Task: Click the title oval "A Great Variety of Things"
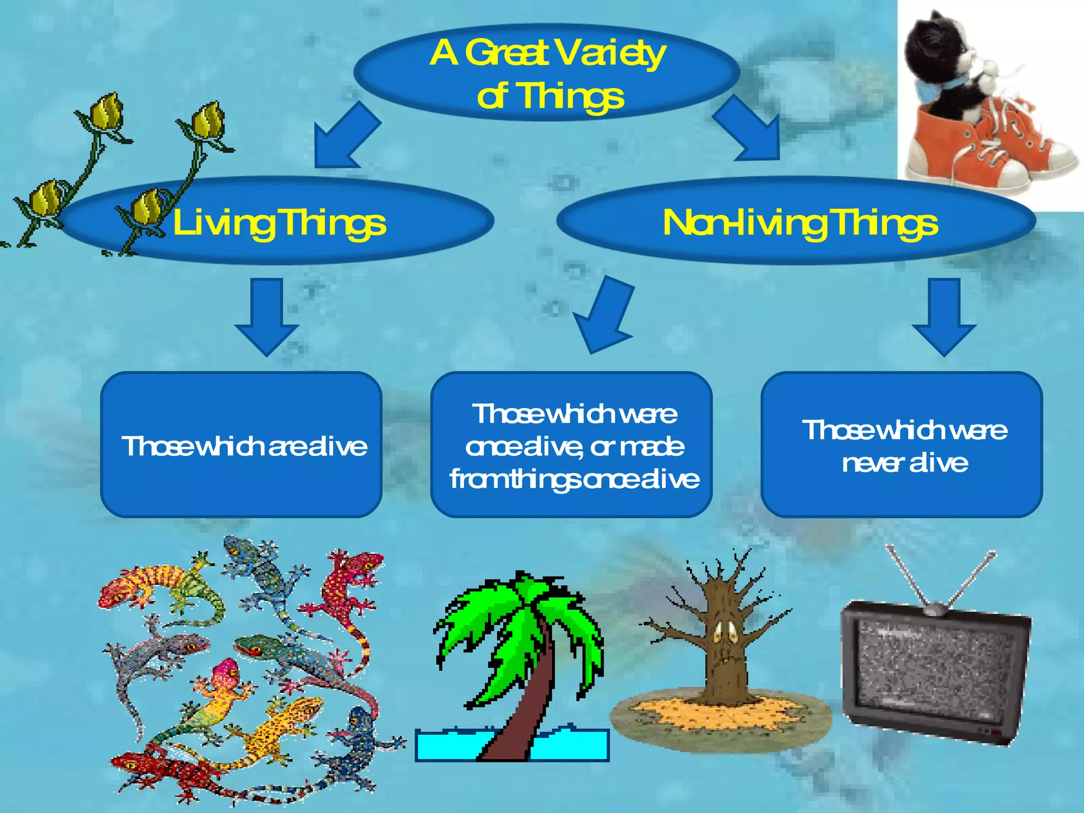[546, 73]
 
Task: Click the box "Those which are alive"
[241, 445]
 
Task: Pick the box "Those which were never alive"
[902, 445]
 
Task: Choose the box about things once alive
[572, 445]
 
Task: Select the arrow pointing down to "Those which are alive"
[266, 318]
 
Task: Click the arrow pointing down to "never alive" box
[944, 318]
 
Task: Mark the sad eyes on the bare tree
[726, 632]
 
